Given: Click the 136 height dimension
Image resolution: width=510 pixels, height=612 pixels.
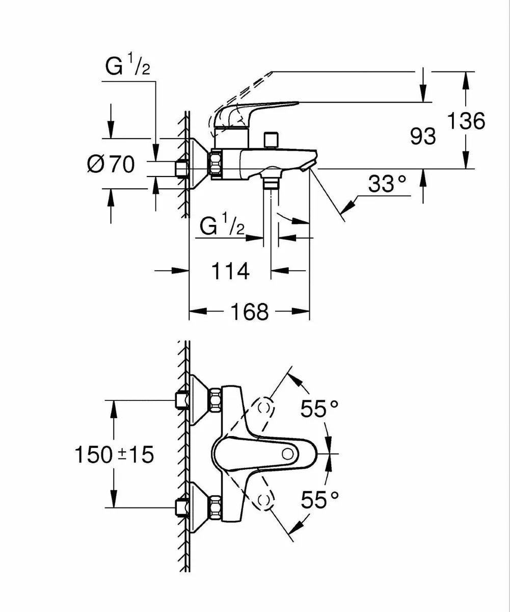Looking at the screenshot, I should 466,121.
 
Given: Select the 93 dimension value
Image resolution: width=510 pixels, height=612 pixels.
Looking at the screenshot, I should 423,136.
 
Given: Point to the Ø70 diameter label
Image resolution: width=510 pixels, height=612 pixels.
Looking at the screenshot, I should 111,164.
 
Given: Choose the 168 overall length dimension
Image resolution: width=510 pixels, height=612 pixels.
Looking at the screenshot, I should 249,311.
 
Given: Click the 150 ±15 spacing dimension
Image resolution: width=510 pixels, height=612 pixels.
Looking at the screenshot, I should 114,454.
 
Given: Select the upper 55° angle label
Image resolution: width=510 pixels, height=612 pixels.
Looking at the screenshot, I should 319,409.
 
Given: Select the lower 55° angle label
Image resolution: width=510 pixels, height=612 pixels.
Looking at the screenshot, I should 319,500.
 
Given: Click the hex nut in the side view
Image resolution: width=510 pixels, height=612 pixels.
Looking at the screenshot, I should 215,164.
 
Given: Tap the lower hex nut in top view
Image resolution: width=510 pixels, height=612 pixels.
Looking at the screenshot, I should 215,508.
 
